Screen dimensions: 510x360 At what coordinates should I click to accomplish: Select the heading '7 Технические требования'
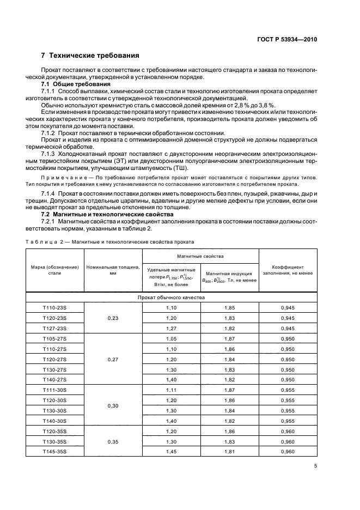[x=90, y=56]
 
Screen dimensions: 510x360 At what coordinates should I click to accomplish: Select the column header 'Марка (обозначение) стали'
[x=54, y=270]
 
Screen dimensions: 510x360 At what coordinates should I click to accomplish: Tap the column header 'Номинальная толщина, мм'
[x=113, y=270]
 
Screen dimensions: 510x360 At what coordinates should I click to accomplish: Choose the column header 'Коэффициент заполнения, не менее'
[x=288, y=270]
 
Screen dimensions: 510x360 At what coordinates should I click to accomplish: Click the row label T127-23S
[x=54, y=329]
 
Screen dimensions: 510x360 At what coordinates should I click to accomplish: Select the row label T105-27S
[x=54, y=338]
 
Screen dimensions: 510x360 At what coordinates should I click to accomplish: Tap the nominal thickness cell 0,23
[x=113, y=318]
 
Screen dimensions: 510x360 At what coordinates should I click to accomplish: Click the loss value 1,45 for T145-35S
[x=172, y=451]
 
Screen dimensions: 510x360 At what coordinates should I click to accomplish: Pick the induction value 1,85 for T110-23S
[x=229, y=308]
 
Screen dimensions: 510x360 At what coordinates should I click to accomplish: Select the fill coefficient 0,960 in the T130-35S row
[x=288, y=441]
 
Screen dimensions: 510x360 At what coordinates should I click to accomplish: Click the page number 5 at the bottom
[x=315, y=466]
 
